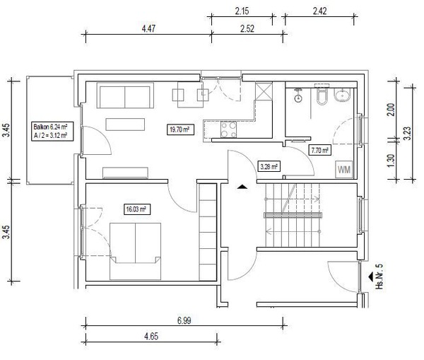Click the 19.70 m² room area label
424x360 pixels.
click(x=181, y=129)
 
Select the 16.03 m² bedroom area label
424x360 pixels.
click(x=137, y=209)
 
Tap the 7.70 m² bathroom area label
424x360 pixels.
click(x=320, y=150)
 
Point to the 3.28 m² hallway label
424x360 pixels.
click(x=269, y=167)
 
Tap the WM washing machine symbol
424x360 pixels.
click(x=344, y=170)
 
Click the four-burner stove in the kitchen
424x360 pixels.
click(x=228, y=129)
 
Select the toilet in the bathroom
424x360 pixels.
click(x=322, y=95)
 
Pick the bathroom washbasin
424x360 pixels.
click(x=342, y=95)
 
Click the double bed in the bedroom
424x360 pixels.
click(x=135, y=251)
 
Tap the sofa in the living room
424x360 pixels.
click(x=125, y=95)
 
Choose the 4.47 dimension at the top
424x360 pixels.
click(x=148, y=28)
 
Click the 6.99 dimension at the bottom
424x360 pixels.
click(x=184, y=320)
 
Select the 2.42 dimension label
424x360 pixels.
click(x=320, y=11)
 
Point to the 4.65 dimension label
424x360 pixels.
click(x=151, y=337)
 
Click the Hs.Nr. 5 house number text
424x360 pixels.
click(x=379, y=276)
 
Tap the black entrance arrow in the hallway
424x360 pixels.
click(x=242, y=187)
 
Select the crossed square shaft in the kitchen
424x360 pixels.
click(x=264, y=91)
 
